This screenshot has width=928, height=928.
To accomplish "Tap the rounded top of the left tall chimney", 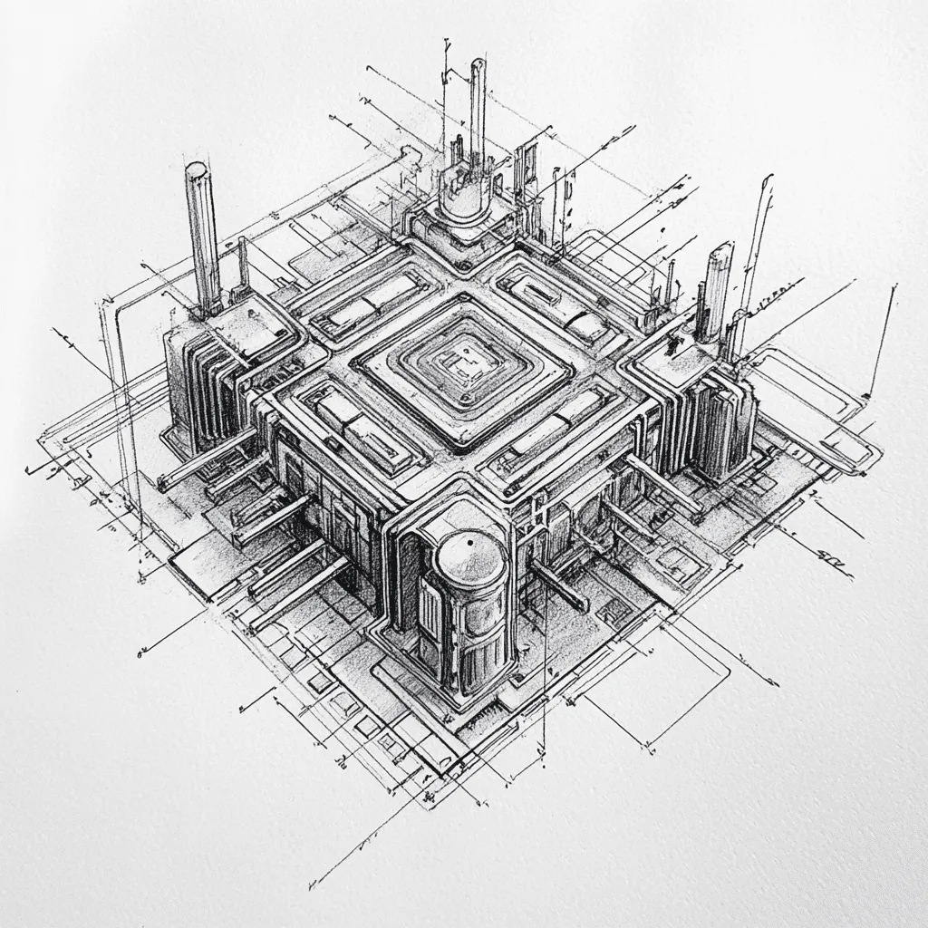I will click(197, 169).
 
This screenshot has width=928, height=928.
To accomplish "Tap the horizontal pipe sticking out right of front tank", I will click(559, 585).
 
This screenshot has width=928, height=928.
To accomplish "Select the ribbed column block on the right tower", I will click(720, 421).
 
